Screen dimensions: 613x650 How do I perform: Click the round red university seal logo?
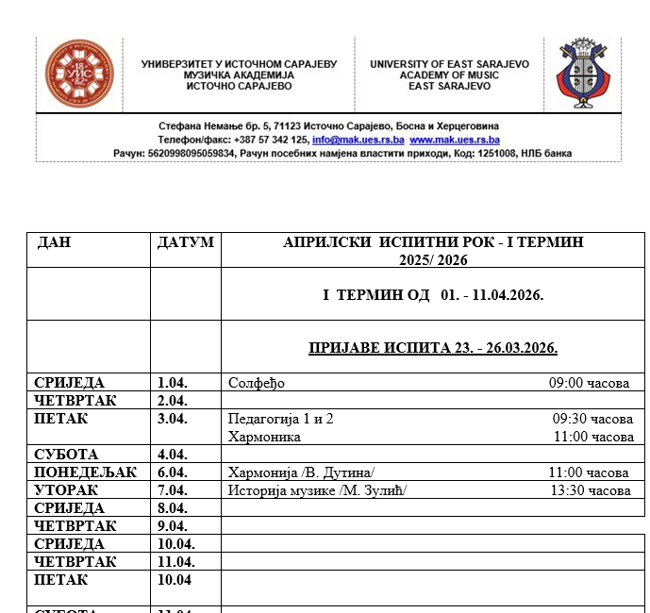point(80,75)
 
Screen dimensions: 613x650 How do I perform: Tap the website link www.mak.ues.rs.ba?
point(454,140)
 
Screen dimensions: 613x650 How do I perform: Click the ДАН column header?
point(55,242)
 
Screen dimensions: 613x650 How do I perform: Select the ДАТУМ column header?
point(185,242)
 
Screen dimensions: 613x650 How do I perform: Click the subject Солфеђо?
point(257,383)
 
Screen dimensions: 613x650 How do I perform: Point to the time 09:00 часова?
point(589,383)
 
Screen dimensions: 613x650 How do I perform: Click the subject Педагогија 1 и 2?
point(281,419)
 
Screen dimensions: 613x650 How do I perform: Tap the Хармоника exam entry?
point(264,437)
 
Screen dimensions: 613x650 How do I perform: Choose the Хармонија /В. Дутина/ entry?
point(302,472)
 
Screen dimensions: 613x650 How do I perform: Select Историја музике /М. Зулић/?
point(318,490)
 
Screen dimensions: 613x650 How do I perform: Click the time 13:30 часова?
point(591,490)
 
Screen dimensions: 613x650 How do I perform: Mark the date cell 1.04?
point(173,383)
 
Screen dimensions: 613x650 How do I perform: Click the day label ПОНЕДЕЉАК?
point(86,472)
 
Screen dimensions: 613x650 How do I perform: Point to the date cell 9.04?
point(173,526)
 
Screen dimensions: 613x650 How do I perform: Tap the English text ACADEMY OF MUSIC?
point(449,75)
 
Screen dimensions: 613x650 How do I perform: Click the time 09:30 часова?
point(592,419)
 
